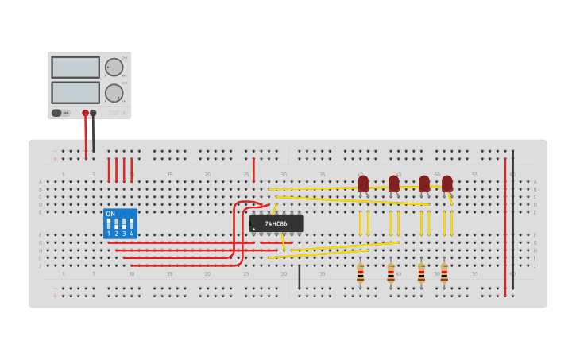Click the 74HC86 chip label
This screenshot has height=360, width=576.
tap(276, 224)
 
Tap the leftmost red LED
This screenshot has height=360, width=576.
tap(363, 184)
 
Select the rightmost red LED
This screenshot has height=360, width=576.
tap(446, 184)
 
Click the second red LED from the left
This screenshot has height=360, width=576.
tap(393, 184)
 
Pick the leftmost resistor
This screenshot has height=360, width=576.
tap(360, 274)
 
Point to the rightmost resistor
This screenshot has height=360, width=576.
tap(444, 274)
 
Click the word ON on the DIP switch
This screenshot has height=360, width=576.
tap(110, 215)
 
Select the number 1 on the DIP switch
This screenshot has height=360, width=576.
tap(109, 234)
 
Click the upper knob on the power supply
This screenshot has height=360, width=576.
tap(114, 67)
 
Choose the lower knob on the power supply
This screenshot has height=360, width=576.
tap(114, 93)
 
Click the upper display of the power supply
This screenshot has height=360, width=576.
tap(75, 67)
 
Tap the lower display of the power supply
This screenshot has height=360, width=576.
tap(75, 92)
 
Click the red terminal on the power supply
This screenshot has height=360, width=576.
tap(86, 113)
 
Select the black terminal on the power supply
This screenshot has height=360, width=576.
tap(94, 113)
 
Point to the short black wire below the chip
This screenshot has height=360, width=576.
tap(299, 277)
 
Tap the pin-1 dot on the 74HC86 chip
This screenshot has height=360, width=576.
tap(254, 230)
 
